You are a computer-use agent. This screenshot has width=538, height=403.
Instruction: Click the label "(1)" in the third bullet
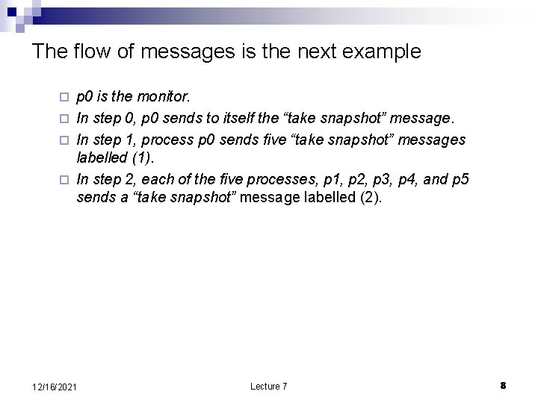coord(140,158)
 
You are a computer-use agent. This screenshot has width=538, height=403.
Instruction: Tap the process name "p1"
coord(317,179)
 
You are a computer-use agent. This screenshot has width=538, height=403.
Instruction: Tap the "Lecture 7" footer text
coord(268,386)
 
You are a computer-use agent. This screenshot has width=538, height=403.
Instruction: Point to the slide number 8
coord(504,385)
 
